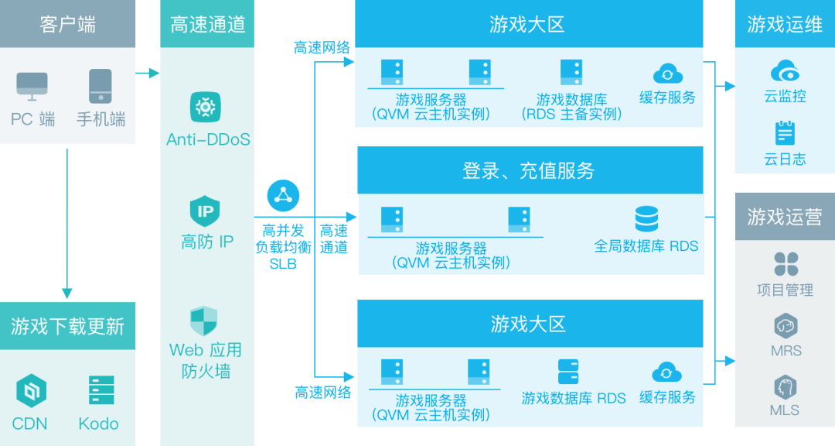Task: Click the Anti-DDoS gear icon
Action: [x=206, y=106]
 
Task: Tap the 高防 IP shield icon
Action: [x=206, y=211]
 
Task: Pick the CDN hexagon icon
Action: [x=32, y=391]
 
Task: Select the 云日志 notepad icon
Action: [x=785, y=133]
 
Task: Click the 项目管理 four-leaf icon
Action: [x=786, y=264]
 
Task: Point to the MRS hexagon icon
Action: [x=786, y=326]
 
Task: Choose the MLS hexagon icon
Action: [x=786, y=387]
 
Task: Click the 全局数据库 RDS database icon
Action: [x=646, y=219]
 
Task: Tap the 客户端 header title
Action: [x=67, y=24]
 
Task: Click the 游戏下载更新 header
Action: [x=67, y=325]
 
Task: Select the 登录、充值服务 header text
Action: [x=529, y=170]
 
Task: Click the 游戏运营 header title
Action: [x=784, y=217]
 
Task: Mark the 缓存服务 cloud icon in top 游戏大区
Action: [x=668, y=74]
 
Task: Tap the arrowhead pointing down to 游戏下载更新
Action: [x=66, y=294]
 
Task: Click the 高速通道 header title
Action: [x=206, y=24]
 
